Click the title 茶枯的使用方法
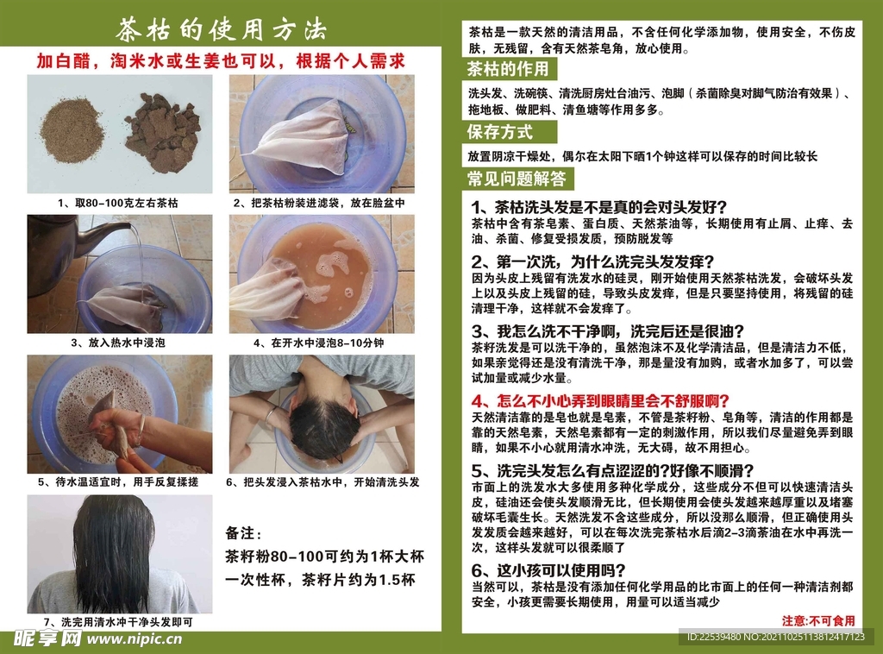pos(221,29)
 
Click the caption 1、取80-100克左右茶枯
pos(117,203)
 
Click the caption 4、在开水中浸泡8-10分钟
pos(319,343)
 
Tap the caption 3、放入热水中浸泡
pos(117,343)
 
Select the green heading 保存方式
pos(499,132)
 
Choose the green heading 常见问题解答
pos(517,179)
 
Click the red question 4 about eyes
pos(600,401)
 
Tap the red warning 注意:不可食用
pos(818,620)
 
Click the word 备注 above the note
pos(243,533)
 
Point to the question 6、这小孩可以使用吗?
pos(548,570)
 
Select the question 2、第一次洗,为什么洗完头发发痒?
pos(593,261)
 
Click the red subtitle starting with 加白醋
pos(221,61)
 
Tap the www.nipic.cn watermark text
pos(135,638)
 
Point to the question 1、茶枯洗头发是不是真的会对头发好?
pos(599,207)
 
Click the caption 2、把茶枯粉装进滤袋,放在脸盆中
pos(319,203)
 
